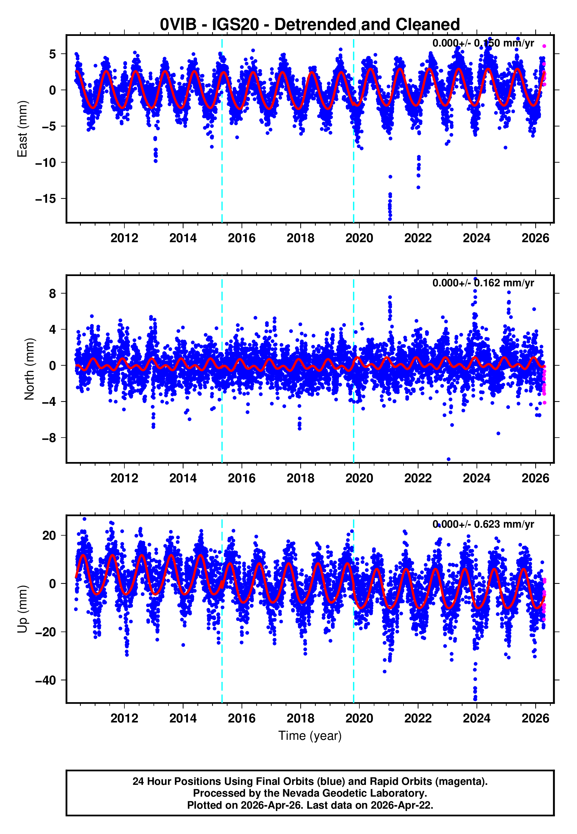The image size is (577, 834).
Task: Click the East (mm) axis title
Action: click(x=22, y=129)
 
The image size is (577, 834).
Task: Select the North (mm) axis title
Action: click(x=29, y=369)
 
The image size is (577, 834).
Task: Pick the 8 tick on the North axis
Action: click(x=52, y=293)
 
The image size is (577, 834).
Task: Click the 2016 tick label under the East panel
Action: click(x=241, y=238)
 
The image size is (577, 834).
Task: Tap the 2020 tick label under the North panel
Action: click(x=359, y=478)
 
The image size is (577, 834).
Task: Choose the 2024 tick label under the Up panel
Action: click(x=476, y=718)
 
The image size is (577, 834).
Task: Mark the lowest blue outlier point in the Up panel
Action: click(x=475, y=700)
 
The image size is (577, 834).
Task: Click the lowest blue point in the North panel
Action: click(x=449, y=459)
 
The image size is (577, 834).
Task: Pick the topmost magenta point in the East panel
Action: click(x=544, y=46)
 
